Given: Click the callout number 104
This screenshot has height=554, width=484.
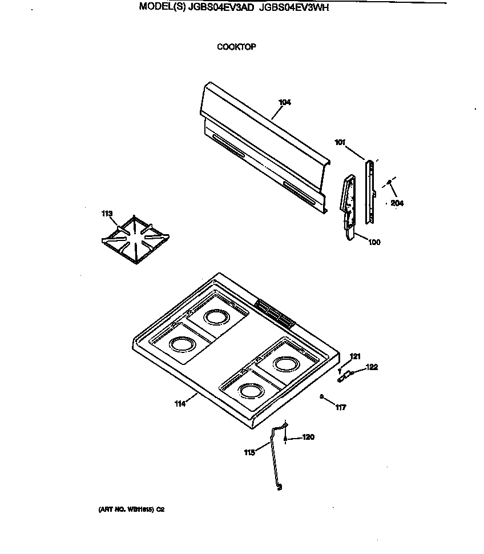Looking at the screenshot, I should [x=285, y=102].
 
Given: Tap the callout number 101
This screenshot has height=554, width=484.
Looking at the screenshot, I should [x=340, y=143].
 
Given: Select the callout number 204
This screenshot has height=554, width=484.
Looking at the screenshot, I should [x=397, y=203].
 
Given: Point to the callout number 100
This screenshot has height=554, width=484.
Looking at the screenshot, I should [x=374, y=242].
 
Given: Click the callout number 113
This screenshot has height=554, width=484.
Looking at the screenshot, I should [x=107, y=214].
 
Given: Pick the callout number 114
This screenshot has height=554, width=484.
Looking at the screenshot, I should [x=180, y=404].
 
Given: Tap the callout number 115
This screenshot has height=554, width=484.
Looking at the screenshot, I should [x=249, y=452].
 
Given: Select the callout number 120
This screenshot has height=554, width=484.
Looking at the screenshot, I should [x=308, y=437].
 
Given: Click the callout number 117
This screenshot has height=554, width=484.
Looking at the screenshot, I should [x=341, y=408].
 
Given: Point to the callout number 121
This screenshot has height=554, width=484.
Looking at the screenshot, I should [x=355, y=356].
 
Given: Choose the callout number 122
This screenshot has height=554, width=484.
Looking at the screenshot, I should [x=372, y=367].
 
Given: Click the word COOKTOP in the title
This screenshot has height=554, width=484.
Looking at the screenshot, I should [x=236, y=47].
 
